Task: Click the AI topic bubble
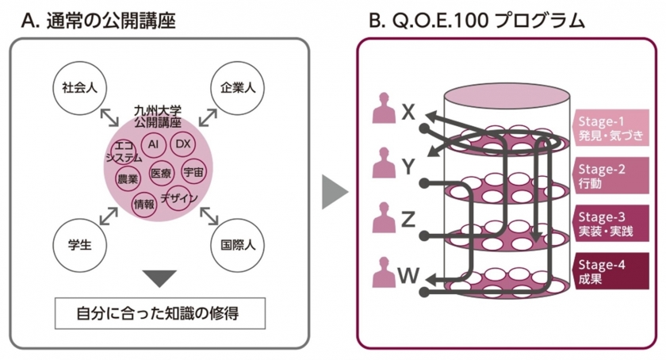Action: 154,144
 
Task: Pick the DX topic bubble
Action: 183,144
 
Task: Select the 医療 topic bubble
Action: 161,172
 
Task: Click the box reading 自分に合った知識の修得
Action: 159,313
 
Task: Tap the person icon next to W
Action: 384,274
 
